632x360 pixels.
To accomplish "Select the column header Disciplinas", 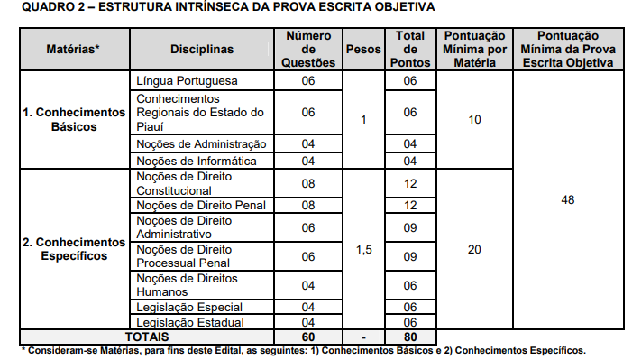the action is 201,50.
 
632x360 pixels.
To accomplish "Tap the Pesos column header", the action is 363,50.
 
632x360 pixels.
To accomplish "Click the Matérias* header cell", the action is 74,50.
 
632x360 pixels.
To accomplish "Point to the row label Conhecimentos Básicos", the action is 74,120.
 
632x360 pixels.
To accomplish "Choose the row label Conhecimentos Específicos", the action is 74,249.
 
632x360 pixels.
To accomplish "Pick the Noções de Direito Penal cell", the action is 201,205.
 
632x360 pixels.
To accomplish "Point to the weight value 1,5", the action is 363,249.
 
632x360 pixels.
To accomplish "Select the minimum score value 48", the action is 567,199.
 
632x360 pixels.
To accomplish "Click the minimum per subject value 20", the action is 475,249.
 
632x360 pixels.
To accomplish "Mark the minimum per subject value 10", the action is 475,120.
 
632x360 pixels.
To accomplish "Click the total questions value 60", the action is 308,336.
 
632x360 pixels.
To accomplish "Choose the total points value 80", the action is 410,336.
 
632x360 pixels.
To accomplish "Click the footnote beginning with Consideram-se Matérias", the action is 303,349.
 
